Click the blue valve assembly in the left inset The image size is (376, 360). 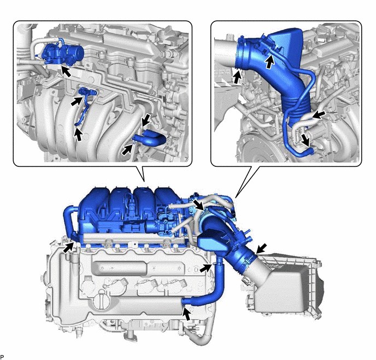tap(63, 54)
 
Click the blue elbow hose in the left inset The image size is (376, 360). tap(149, 137)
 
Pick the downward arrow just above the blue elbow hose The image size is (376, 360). tap(146, 120)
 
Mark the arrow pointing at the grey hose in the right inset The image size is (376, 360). tap(319, 115)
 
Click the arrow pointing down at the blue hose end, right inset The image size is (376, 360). tap(305, 140)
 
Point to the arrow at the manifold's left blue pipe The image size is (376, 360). tap(69, 247)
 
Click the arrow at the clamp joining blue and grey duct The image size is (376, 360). tap(261, 248)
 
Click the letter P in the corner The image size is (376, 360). tap(2, 356)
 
